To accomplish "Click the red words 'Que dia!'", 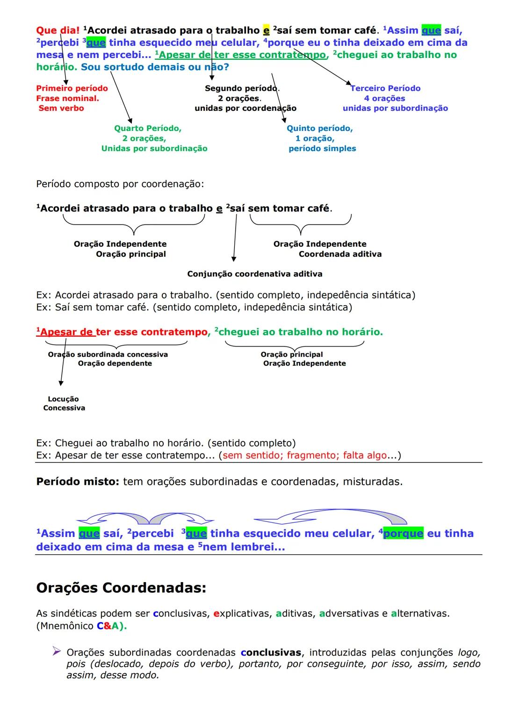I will pyautogui.click(x=58, y=30).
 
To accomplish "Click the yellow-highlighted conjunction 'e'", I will pyautogui.click(x=266, y=30).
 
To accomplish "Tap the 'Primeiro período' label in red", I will pyautogui.click(x=72, y=88).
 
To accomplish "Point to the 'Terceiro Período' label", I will pyautogui.click(x=385, y=88).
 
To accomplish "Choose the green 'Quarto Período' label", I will pyautogui.click(x=148, y=128).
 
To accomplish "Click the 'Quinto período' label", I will pyautogui.click(x=320, y=128).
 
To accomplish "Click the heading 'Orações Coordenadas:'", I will pyautogui.click(x=121, y=587).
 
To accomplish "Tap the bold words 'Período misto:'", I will pyautogui.click(x=78, y=482).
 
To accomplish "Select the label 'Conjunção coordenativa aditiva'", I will pyautogui.click(x=255, y=274).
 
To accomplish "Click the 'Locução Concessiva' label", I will pyautogui.click(x=64, y=404).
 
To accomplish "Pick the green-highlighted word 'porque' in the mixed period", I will pyautogui.click(x=403, y=534).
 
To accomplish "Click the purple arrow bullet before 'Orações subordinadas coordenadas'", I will pyautogui.click(x=57, y=651).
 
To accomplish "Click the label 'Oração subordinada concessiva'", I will pyautogui.click(x=108, y=354).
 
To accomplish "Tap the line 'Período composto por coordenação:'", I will pyautogui.click(x=120, y=184).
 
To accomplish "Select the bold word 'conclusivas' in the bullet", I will pyautogui.click(x=271, y=652).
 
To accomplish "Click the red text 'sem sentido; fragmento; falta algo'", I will pyautogui.click(x=304, y=455).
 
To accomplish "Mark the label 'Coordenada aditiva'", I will pyautogui.click(x=340, y=254).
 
